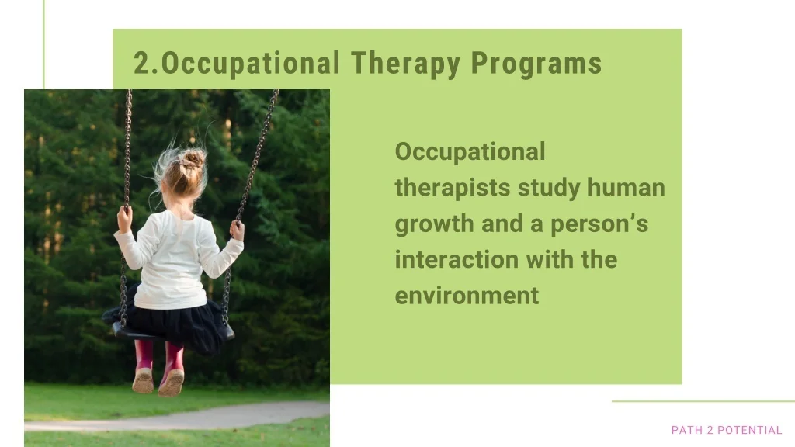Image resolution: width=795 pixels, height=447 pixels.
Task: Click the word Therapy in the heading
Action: click(405, 64)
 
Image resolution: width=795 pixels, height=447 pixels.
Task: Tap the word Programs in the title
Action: click(536, 64)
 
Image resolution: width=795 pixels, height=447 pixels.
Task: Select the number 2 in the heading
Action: click(142, 64)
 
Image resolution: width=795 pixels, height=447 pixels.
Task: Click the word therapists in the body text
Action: click(453, 188)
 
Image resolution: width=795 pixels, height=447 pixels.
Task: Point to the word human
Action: click(627, 187)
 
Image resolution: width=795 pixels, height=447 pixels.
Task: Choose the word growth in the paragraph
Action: click(433, 224)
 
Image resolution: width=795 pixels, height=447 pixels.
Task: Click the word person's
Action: click(599, 224)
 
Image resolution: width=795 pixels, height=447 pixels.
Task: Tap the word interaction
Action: click(457, 259)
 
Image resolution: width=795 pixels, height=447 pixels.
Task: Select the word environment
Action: click(467, 296)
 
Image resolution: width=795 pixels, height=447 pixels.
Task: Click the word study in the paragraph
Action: click(549, 188)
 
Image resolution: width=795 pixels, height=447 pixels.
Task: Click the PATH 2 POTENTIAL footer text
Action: click(727, 430)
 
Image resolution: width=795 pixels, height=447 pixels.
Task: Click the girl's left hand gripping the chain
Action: click(124, 219)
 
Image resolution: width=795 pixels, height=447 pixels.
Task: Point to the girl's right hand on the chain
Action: click(237, 230)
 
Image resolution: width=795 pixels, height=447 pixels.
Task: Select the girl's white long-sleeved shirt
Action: click(175, 258)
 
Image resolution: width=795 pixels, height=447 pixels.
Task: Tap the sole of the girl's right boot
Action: click(171, 383)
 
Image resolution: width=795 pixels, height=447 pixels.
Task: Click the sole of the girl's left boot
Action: click(143, 380)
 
